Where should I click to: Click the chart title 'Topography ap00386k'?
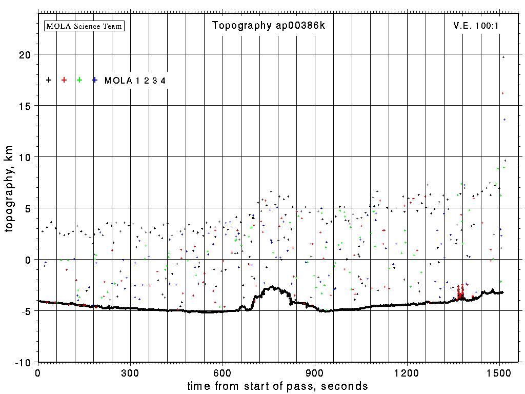(269, 26)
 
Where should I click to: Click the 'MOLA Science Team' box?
(85, 26)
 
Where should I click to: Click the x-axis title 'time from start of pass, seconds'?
(278, 386)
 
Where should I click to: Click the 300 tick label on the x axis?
(130, 372)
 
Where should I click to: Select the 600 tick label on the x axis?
(223, 372)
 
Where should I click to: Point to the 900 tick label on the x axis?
(315, 372)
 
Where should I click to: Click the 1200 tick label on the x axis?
(407, 372)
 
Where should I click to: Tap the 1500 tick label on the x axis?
(499, 372)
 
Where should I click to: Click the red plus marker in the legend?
(64, 80)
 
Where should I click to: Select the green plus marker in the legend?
(79, 80)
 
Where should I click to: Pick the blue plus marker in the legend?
(95, 80)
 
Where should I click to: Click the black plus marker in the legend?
(49, 80)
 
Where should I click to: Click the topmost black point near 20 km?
(503, 57)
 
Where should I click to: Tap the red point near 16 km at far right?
(503, 93)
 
